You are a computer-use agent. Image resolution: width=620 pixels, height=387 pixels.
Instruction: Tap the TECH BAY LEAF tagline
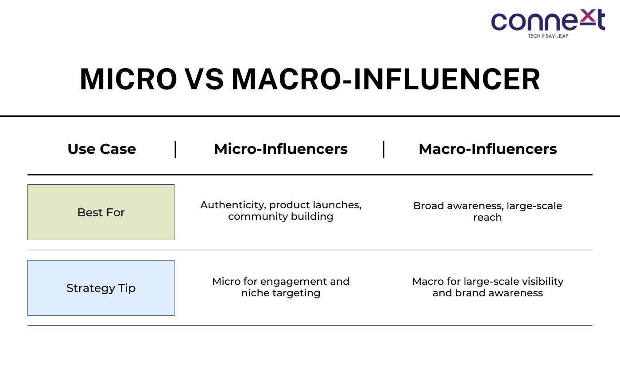click(x=548, y=36)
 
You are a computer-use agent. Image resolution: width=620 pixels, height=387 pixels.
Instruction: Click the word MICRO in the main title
click(x=128, y=79)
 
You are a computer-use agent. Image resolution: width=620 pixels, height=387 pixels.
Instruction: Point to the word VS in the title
click(x=204, y=79)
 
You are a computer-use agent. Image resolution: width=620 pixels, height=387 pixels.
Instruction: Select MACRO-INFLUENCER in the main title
click(x=386, y=79)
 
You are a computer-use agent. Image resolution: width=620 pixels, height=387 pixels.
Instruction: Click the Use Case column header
click(x=102, y=149)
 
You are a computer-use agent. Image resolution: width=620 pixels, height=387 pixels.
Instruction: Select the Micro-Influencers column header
click(x=281, y=149)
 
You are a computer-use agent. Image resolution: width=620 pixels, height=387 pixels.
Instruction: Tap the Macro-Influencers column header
click(x=488, y=149)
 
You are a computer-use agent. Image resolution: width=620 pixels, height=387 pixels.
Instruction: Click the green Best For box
click(x=101, y=212)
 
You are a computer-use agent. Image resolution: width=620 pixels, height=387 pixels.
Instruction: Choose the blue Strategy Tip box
click(x=101, y=288)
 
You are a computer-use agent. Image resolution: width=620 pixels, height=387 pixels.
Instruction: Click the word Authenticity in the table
click(x=233, y=205)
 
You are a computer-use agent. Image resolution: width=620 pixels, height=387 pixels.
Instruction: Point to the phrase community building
click(x=281, y=216)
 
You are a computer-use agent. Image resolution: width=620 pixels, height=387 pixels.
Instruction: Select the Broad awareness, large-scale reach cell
click(x=488, y=211)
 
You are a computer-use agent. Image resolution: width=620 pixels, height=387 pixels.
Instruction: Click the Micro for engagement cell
click(x=281, y=287)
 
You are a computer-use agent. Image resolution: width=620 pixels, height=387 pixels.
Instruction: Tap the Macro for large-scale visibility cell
click(x=488, y=287)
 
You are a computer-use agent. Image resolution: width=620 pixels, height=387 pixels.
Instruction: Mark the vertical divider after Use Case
click(x=175, y=149)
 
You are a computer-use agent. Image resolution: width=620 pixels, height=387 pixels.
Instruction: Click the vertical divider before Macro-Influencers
click(x=384, y=149)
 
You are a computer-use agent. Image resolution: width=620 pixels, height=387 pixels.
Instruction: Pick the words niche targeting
click(x=281, y=293)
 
